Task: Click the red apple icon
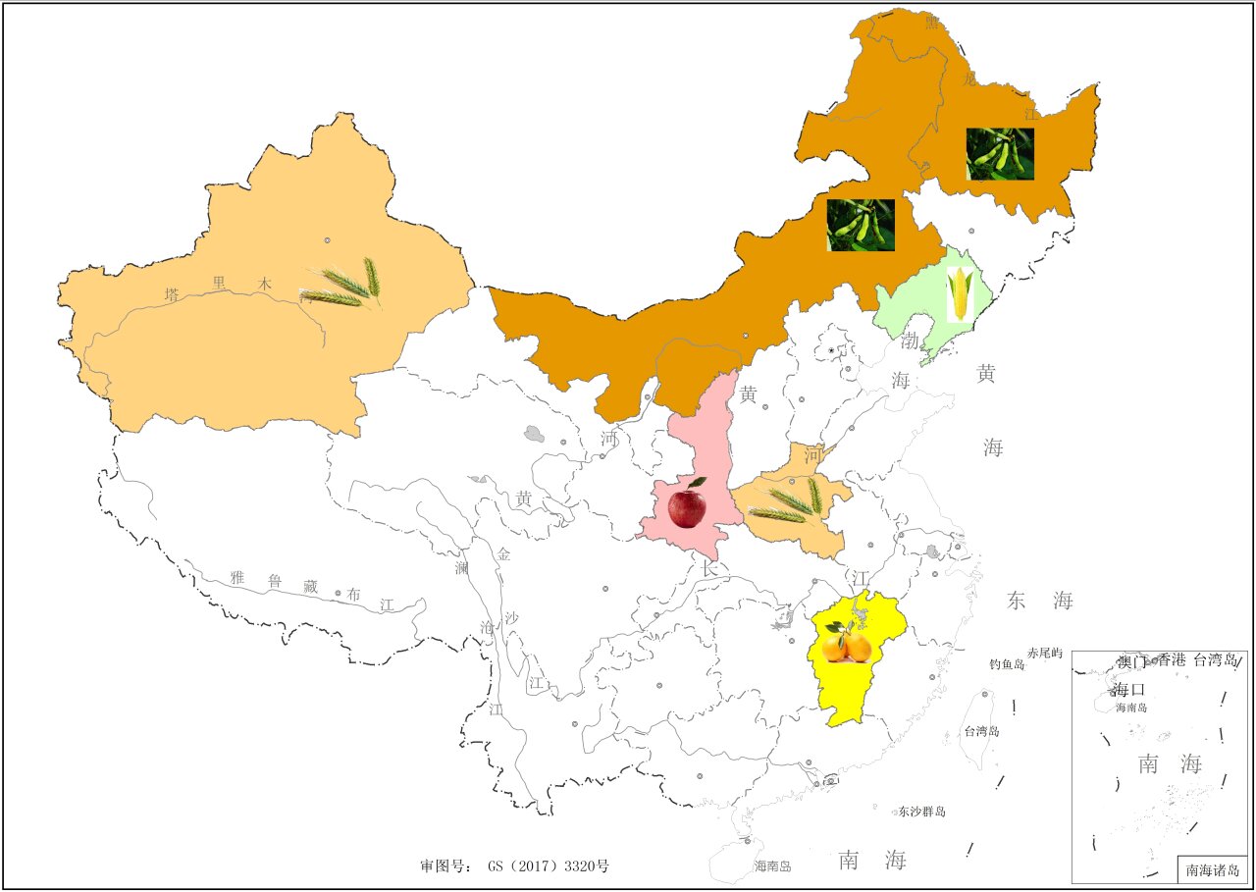pos(687,505)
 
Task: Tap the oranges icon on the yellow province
pos(847,644)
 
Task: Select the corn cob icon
pos(960,293)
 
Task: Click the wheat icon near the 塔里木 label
pos(341,285)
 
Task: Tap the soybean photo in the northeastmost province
pos(1000,154)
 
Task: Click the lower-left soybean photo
pos(861,225)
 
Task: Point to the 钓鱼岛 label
pos(1007,664)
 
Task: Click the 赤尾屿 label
pos(1045,653)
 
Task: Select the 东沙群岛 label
pos(921,812)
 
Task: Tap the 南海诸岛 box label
pos(1213,869)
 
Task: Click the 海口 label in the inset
pos(1129,689)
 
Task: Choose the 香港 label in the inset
pos(1172,660)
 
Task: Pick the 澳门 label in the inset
pos(1135,660)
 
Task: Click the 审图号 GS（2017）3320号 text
pos(515,866)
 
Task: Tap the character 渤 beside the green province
pos(910,342)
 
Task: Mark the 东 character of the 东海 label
pos(1017,601)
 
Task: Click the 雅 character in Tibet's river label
pos(236,577)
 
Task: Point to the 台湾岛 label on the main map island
pos(982,731)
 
